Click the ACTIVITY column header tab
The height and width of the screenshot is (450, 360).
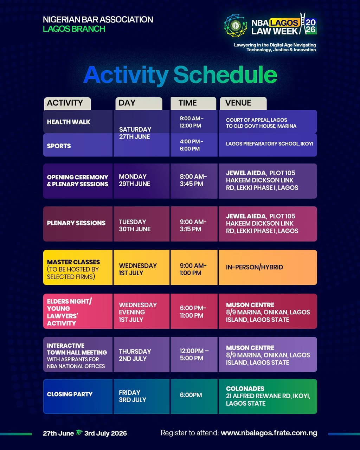(67, 103)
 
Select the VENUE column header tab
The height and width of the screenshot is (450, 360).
(243, 103)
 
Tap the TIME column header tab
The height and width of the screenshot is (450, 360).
(193, 103)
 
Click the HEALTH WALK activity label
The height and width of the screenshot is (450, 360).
(69, 122)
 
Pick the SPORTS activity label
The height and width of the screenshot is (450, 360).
(59, 146)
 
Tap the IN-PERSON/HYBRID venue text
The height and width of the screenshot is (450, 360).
(255, 267)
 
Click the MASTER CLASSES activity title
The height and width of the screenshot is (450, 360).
(73, 262)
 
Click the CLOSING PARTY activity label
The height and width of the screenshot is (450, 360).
(70, 394)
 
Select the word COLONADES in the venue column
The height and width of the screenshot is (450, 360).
(245, 388)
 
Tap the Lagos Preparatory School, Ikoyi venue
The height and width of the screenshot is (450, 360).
(270, 144)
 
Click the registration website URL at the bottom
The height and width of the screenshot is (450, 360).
(269, 433)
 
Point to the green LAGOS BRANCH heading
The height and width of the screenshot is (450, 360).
(74, 29)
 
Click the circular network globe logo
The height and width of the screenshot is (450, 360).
(236, 26)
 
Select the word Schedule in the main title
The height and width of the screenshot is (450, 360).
(225, 75)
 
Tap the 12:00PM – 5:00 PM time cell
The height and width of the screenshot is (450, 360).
(194, 354)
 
